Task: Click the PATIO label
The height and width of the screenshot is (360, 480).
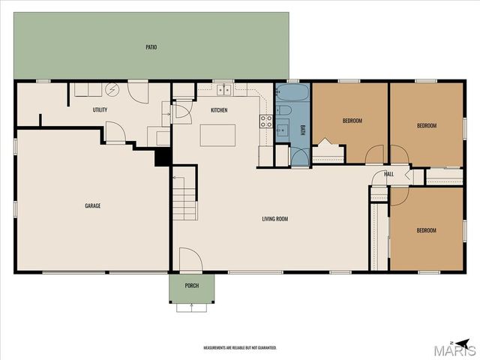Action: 151,47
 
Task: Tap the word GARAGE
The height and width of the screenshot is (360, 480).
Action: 93,205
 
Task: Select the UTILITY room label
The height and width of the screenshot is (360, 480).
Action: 100,109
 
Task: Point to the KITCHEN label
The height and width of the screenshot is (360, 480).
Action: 219,110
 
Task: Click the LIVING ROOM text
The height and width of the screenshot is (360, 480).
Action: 275,219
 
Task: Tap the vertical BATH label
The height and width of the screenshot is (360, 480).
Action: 303,130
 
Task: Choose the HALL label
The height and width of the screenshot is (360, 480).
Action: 388,174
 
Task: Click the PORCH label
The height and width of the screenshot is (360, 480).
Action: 192,286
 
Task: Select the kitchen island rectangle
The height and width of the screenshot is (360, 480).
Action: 217,135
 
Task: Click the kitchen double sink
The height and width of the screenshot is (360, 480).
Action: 223,90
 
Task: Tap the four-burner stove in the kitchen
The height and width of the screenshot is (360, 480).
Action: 266,121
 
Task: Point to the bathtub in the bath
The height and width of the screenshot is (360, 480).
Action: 292,92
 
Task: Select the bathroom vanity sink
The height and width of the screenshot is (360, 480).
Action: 283,130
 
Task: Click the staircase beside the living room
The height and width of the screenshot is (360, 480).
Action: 184,198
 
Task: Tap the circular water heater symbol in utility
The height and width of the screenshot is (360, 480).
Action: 111,89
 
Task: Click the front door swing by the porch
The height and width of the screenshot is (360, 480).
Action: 190,259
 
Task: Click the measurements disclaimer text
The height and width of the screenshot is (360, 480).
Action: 240,348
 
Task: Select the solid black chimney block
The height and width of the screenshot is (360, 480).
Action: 163,157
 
